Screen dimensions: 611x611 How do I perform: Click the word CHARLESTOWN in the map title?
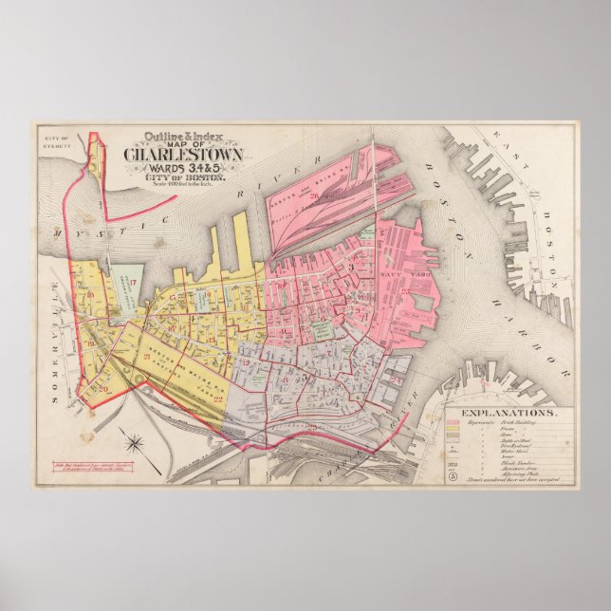pyautogui.click(x=183, y=156)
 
